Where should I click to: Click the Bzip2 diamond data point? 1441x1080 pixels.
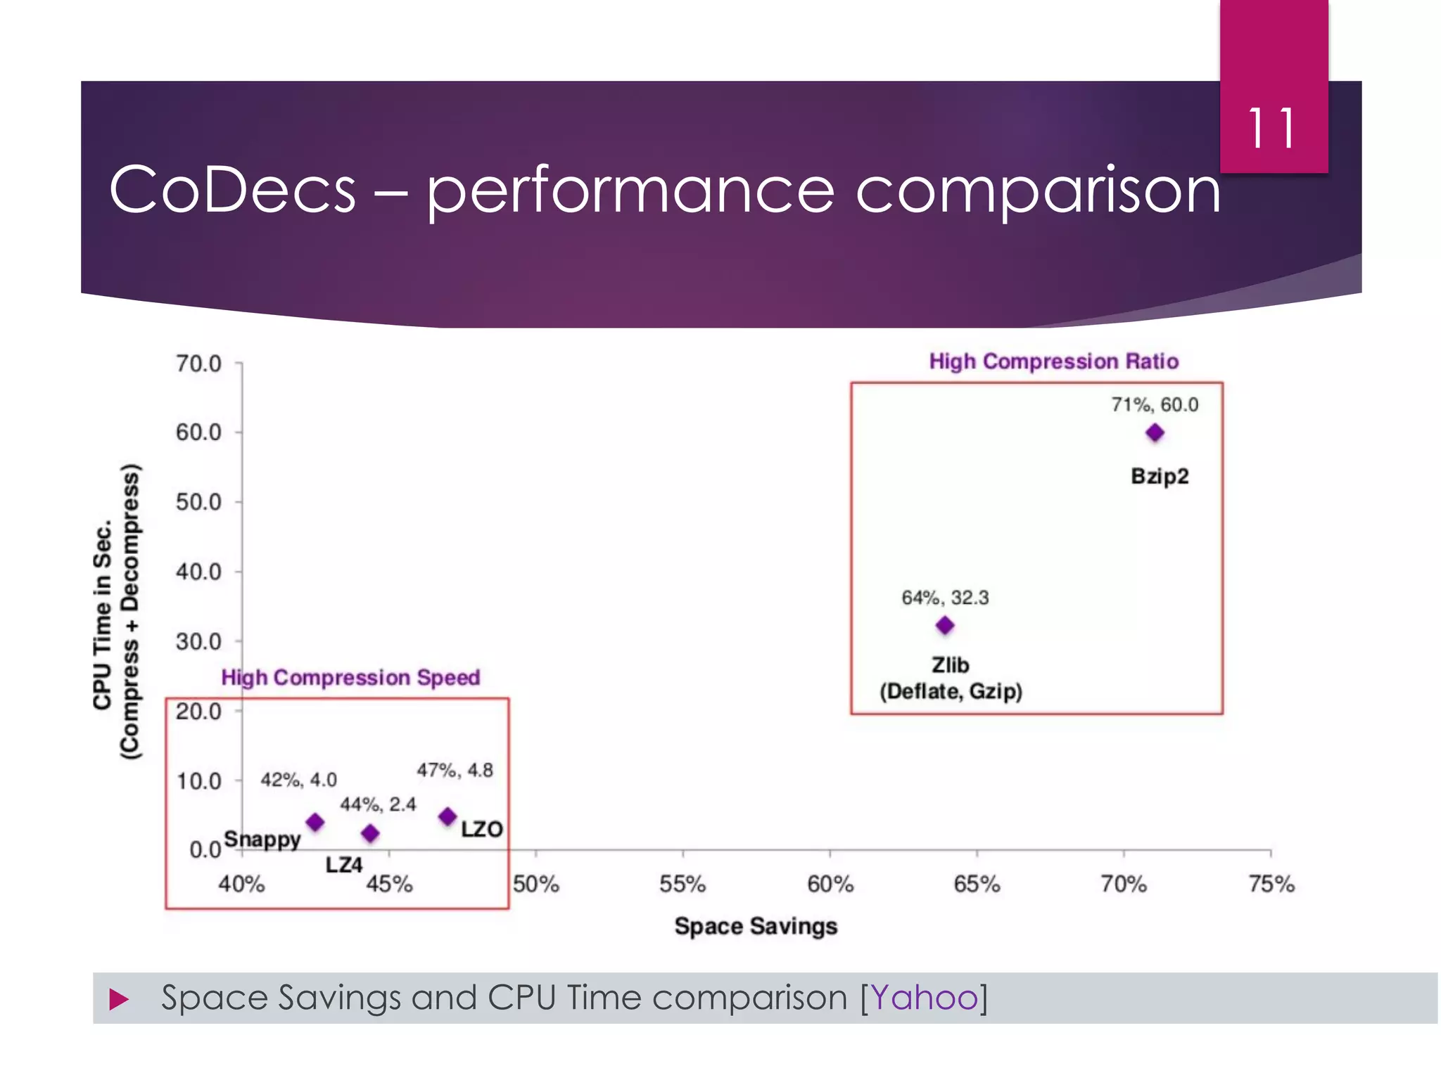tap(1155, 433)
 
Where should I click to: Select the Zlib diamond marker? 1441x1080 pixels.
tap(945, 625)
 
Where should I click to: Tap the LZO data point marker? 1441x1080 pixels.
tap(447, 817)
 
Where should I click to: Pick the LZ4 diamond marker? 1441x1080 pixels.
tap(370, 834)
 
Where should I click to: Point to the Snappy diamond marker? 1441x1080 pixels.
tap(315, 822)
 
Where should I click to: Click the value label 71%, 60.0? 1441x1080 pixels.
tap(1155, 405)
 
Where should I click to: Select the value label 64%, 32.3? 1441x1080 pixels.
tap(945, 598)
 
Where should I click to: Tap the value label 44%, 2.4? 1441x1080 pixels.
tap(378, 804)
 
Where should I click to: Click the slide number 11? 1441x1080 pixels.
tap(1272, 129)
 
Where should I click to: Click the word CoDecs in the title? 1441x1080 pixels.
tap(233, 190)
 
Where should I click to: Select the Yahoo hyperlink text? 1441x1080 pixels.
tap(925, 998)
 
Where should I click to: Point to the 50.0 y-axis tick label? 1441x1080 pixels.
tap(198, 502)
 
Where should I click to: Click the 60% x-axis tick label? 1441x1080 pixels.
tap(830, 885)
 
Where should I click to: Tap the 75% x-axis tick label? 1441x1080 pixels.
tap(1271, 885)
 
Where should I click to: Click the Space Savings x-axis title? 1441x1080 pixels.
tap(756, 927)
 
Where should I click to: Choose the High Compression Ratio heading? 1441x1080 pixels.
tap(1053, 361)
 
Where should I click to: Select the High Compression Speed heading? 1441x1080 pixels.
tap(350, 678)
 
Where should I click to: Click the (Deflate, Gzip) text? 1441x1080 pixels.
tap(951, 692)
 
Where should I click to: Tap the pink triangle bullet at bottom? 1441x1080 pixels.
tap(119, 999)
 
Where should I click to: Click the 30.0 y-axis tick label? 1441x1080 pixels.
tap(198, 641)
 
